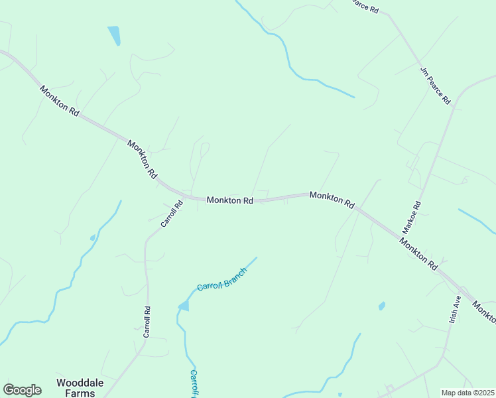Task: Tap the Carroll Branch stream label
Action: coord(221,279)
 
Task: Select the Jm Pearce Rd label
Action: coord(435,85)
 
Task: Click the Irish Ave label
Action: coord(455,309)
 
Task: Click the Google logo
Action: coord(22,390)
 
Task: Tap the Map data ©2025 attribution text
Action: coord(467,393)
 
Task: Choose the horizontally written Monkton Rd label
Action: coord(229,200)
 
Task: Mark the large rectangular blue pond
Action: coord(114,34)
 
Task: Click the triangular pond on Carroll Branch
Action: coord(184,306)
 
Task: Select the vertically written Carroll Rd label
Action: coord(147,322)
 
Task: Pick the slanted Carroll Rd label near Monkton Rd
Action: coord(171,214)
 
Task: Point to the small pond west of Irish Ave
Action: coord(381,306)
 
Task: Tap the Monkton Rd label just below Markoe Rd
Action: coord(418,253)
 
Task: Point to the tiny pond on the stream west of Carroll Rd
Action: coord(93,237)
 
